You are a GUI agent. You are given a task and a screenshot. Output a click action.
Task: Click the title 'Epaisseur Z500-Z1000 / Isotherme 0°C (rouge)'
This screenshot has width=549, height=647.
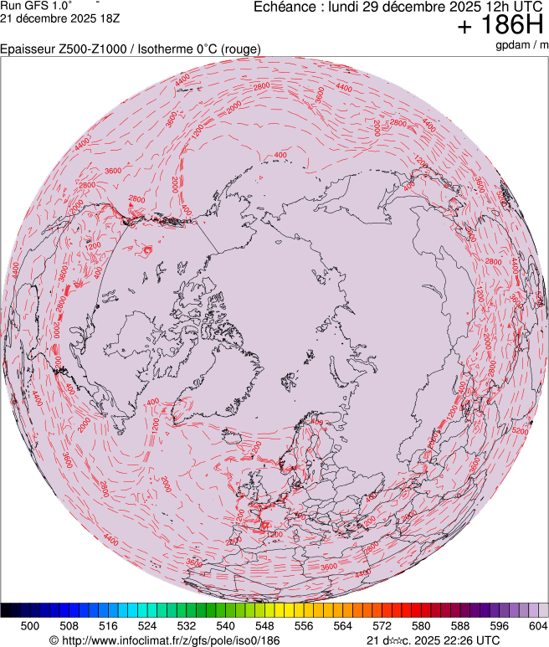point(131,49)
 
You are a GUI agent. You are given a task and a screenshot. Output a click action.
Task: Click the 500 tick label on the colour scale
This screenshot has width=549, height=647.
point(30,625)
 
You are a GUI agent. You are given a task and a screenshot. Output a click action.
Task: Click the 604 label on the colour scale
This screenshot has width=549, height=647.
point(538,625)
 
